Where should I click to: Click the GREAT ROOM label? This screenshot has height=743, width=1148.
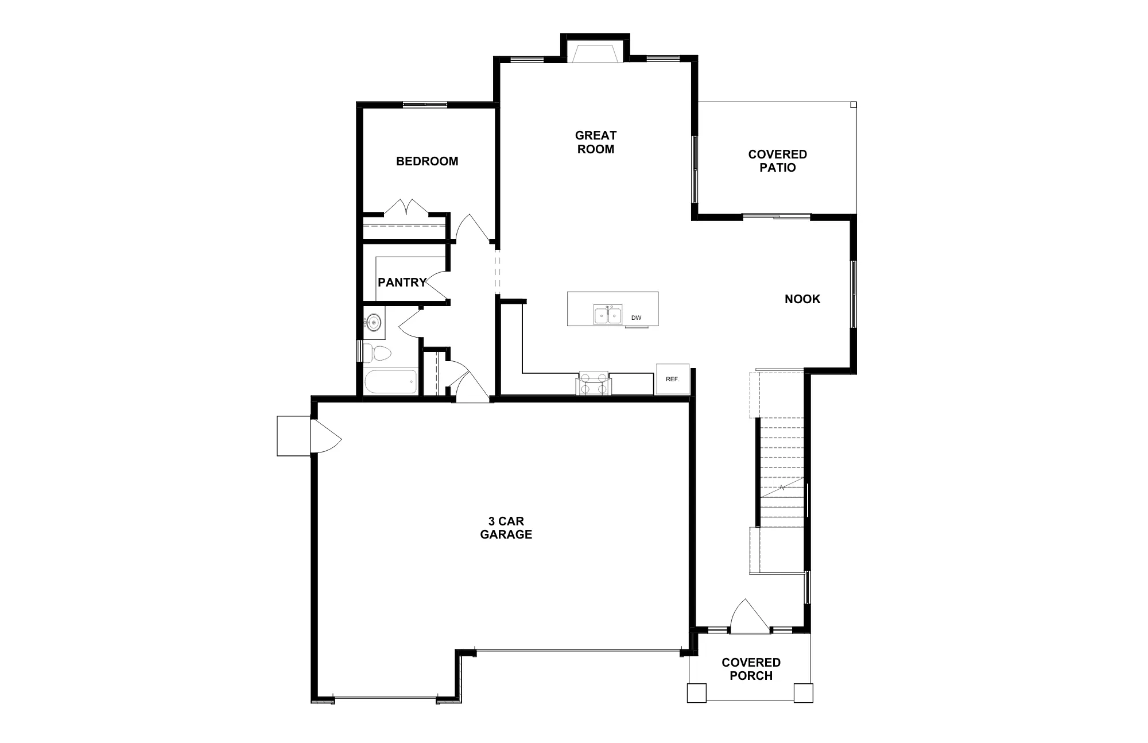pos(595,142)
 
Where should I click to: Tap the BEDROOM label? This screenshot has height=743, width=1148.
pos(427,161)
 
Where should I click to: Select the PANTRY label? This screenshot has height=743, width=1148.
pos(402,283)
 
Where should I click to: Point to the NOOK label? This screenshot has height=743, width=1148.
pos(802,299)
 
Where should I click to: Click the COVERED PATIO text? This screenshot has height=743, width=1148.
pos(778,161)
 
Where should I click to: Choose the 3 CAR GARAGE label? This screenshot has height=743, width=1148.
pos(506,528)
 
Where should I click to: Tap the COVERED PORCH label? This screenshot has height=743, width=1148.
pos(751,669)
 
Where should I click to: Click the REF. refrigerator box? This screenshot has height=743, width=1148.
pos(673,379)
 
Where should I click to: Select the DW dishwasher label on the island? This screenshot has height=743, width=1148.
pos(636,318)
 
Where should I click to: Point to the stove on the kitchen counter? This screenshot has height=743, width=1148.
pos(594,383)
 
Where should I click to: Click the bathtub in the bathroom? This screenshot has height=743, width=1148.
pos(390,382)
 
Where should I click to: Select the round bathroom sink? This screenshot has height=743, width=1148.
pos(374,323)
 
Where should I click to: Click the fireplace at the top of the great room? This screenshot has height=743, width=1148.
pos(595,53)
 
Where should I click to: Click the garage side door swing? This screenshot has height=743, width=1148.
pos(325,436)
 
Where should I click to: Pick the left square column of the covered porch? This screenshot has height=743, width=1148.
pos(697,692)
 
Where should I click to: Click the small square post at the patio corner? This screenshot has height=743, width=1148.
pos(854,105)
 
